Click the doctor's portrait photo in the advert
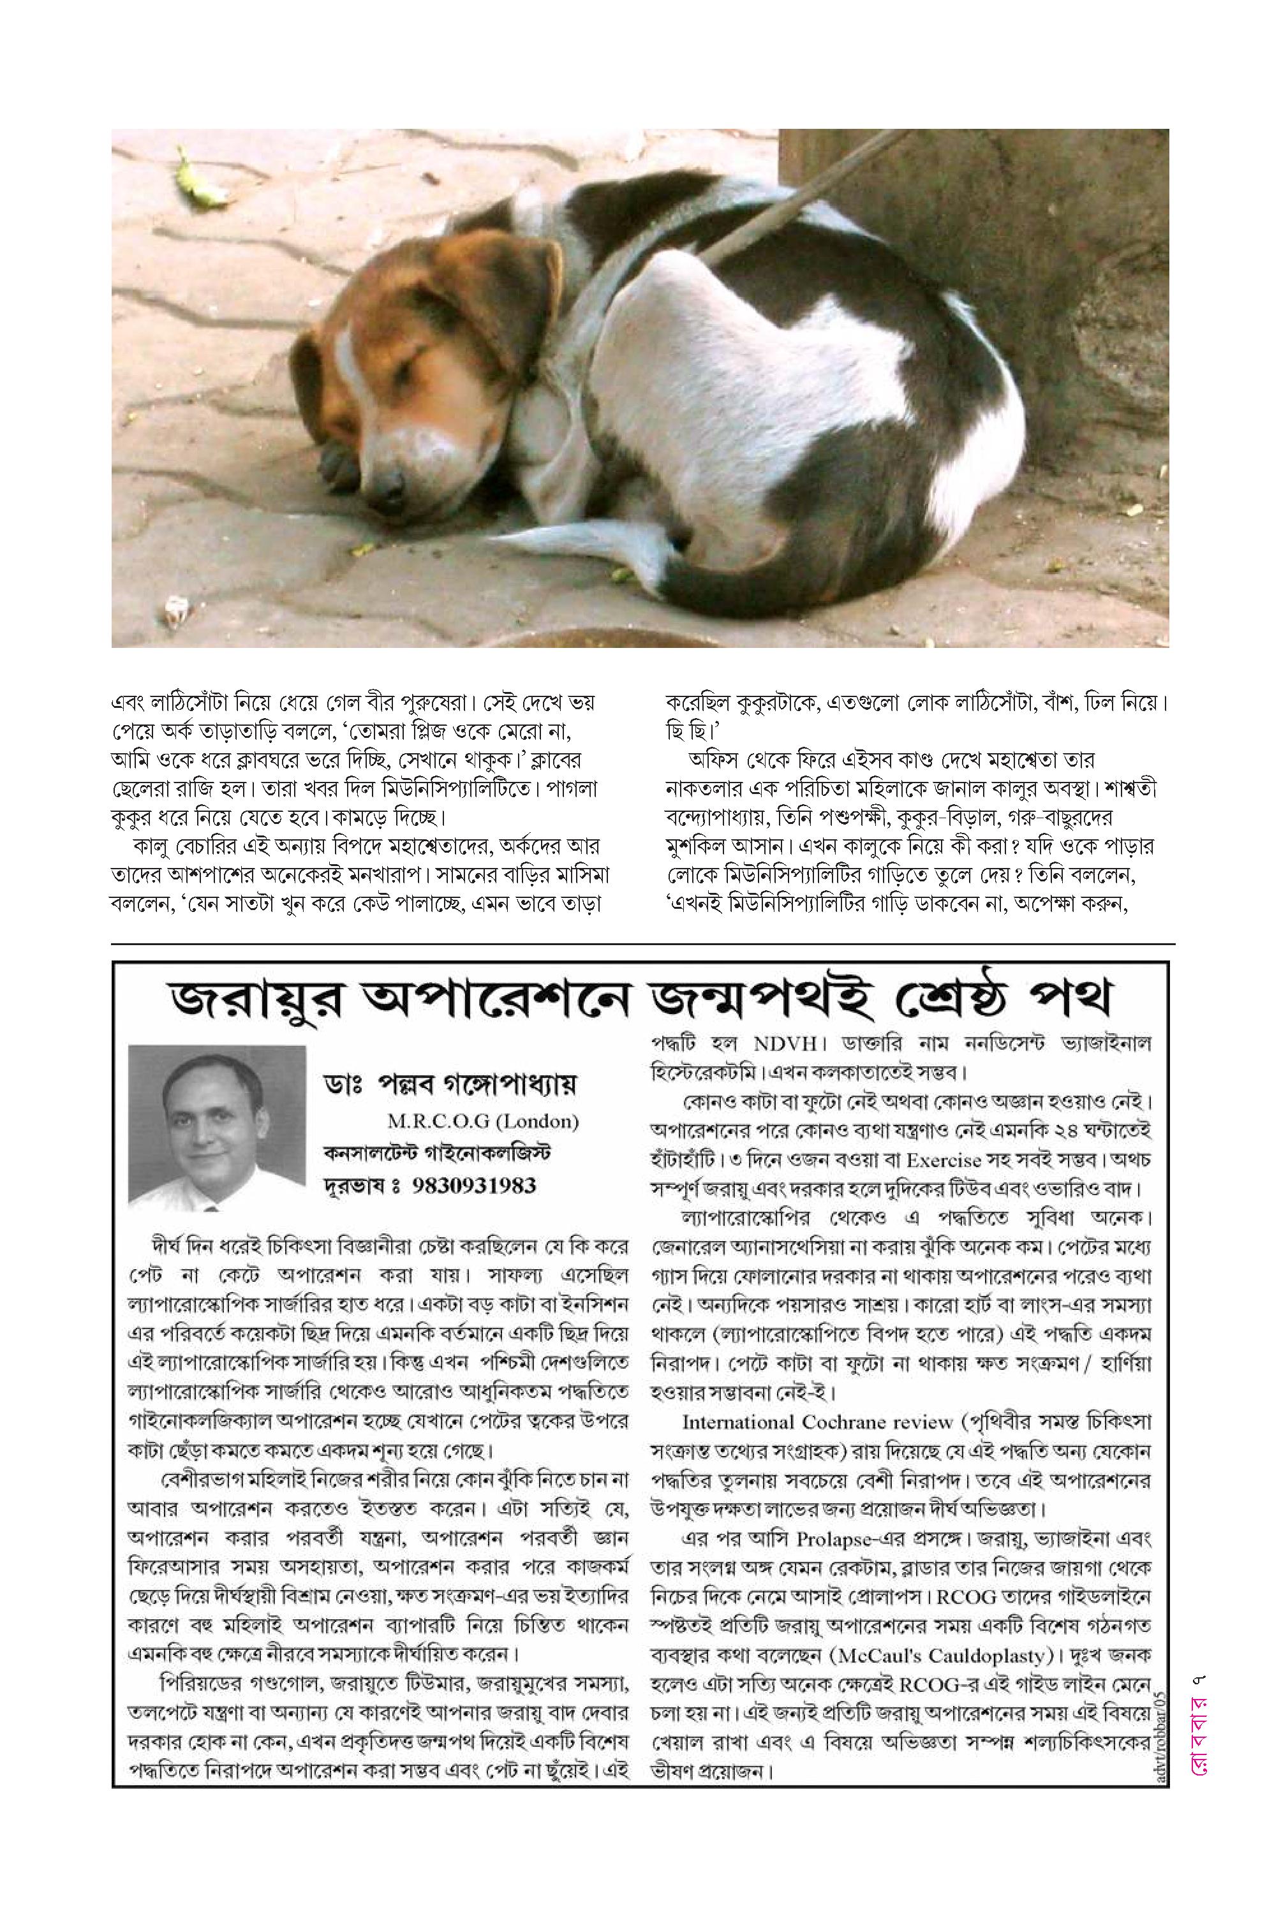click(216, 1127)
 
